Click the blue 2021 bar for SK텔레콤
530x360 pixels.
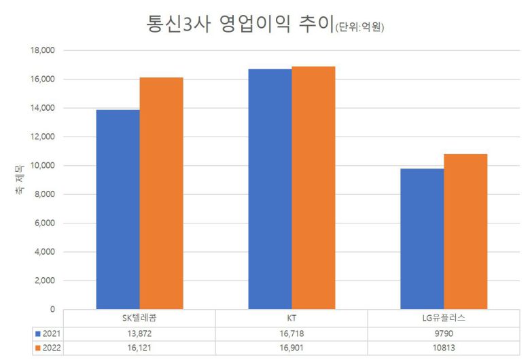point(118,209)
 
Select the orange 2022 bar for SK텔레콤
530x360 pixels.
point(161,194)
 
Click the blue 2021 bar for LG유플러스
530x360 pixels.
point(422,239)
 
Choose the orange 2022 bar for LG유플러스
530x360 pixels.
point(465,232)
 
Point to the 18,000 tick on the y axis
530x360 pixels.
point(41,50)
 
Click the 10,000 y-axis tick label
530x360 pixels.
point(41,166)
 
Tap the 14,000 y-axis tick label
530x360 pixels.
point(41,108)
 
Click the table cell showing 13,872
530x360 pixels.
point(139,333)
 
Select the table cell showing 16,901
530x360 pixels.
point(291,348)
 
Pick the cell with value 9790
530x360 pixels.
point(444,333)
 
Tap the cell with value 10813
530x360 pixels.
point(444,348)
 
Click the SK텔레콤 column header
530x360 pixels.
point(139,318)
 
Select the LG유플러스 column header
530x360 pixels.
point(444,318)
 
